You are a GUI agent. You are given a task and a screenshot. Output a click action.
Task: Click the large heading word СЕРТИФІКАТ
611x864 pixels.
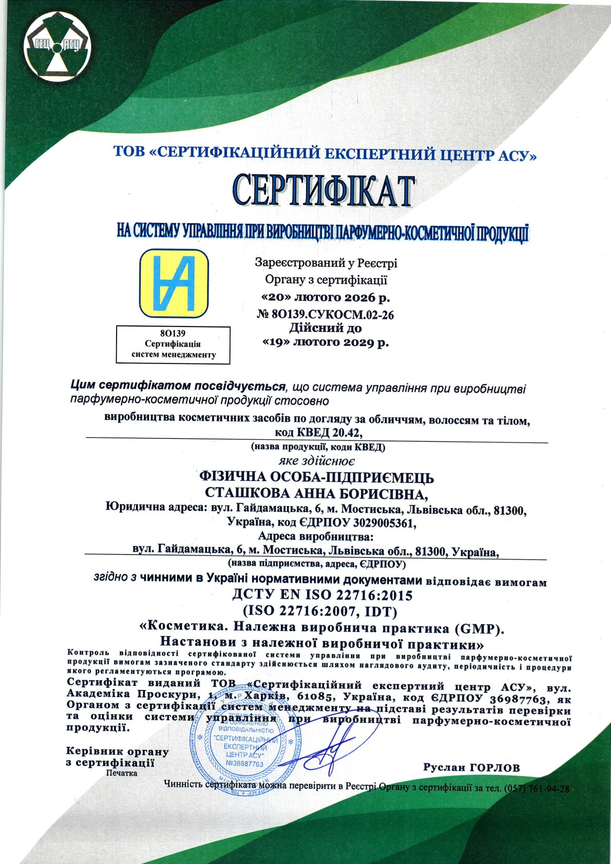click(323, 190)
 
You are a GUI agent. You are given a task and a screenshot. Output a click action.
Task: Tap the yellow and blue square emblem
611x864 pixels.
click(174, 283)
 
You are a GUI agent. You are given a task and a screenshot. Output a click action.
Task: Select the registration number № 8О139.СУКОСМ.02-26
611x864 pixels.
click(325, 315)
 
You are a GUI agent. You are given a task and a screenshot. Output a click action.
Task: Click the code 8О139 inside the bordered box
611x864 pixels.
click(173, 333)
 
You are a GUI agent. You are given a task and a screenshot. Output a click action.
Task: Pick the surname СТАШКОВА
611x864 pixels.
click(245, 493)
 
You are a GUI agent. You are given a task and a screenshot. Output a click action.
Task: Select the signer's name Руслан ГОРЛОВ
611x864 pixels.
click(471, 767)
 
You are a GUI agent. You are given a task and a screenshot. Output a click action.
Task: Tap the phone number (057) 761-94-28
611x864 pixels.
click(537, 789)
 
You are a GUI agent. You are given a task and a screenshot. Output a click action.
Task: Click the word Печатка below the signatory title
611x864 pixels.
click(122, 773)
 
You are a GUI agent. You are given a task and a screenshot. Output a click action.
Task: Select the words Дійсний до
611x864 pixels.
click(325, 328)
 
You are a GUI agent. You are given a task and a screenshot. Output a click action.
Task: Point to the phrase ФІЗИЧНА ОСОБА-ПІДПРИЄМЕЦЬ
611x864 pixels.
click(316, 478)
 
